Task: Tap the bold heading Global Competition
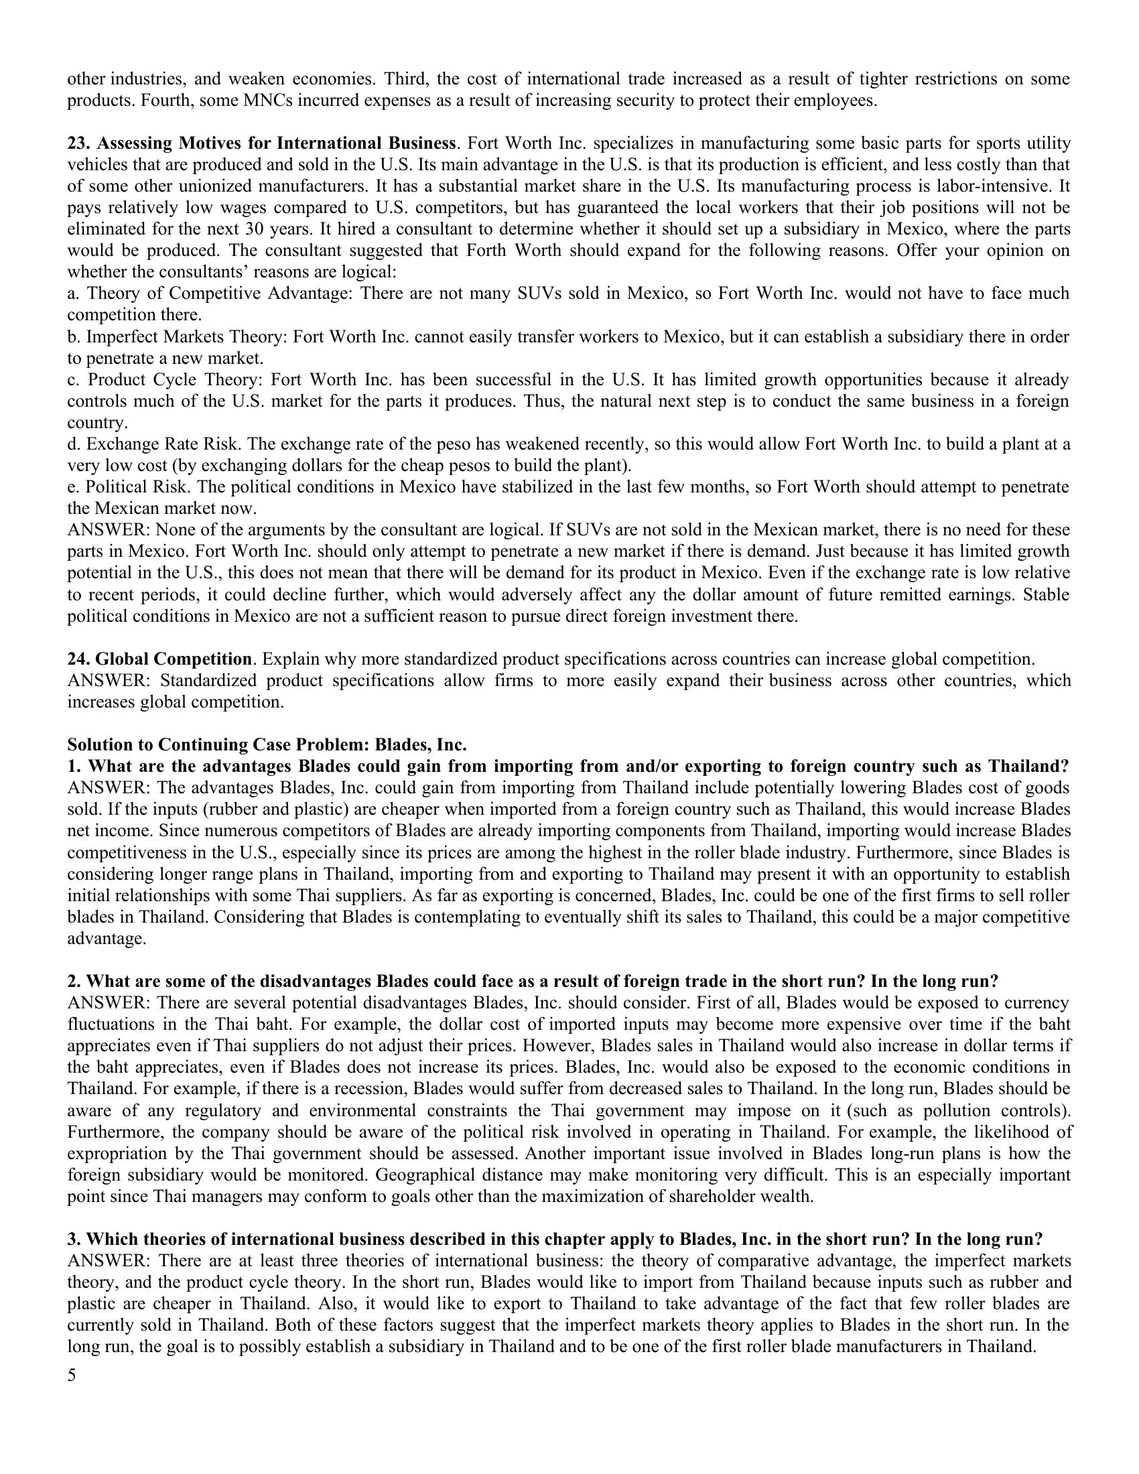174,659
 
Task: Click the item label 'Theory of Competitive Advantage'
220,293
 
